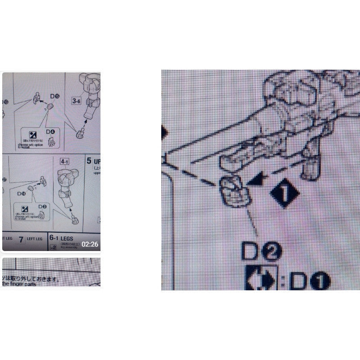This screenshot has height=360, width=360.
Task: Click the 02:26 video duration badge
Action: click(90, 244)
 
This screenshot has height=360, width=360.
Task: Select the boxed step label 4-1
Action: click(65, 160)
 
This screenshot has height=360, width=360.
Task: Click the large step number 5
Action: click(89, 161)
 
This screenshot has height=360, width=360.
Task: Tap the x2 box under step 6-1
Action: click(54, 247)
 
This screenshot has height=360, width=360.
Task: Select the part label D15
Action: click(55, 96)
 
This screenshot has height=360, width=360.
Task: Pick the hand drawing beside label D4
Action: click(54, 142)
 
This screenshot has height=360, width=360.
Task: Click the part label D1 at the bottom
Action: click(309, 281)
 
